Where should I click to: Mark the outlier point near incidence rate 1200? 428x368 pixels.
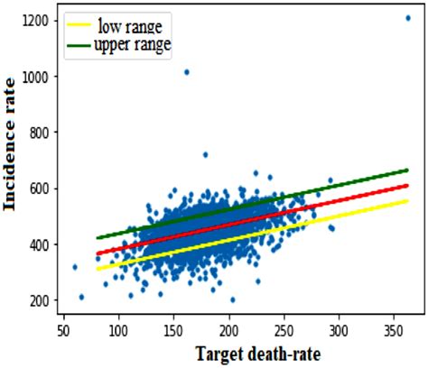point(408,18)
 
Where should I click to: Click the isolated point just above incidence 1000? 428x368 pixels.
point(186,71)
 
